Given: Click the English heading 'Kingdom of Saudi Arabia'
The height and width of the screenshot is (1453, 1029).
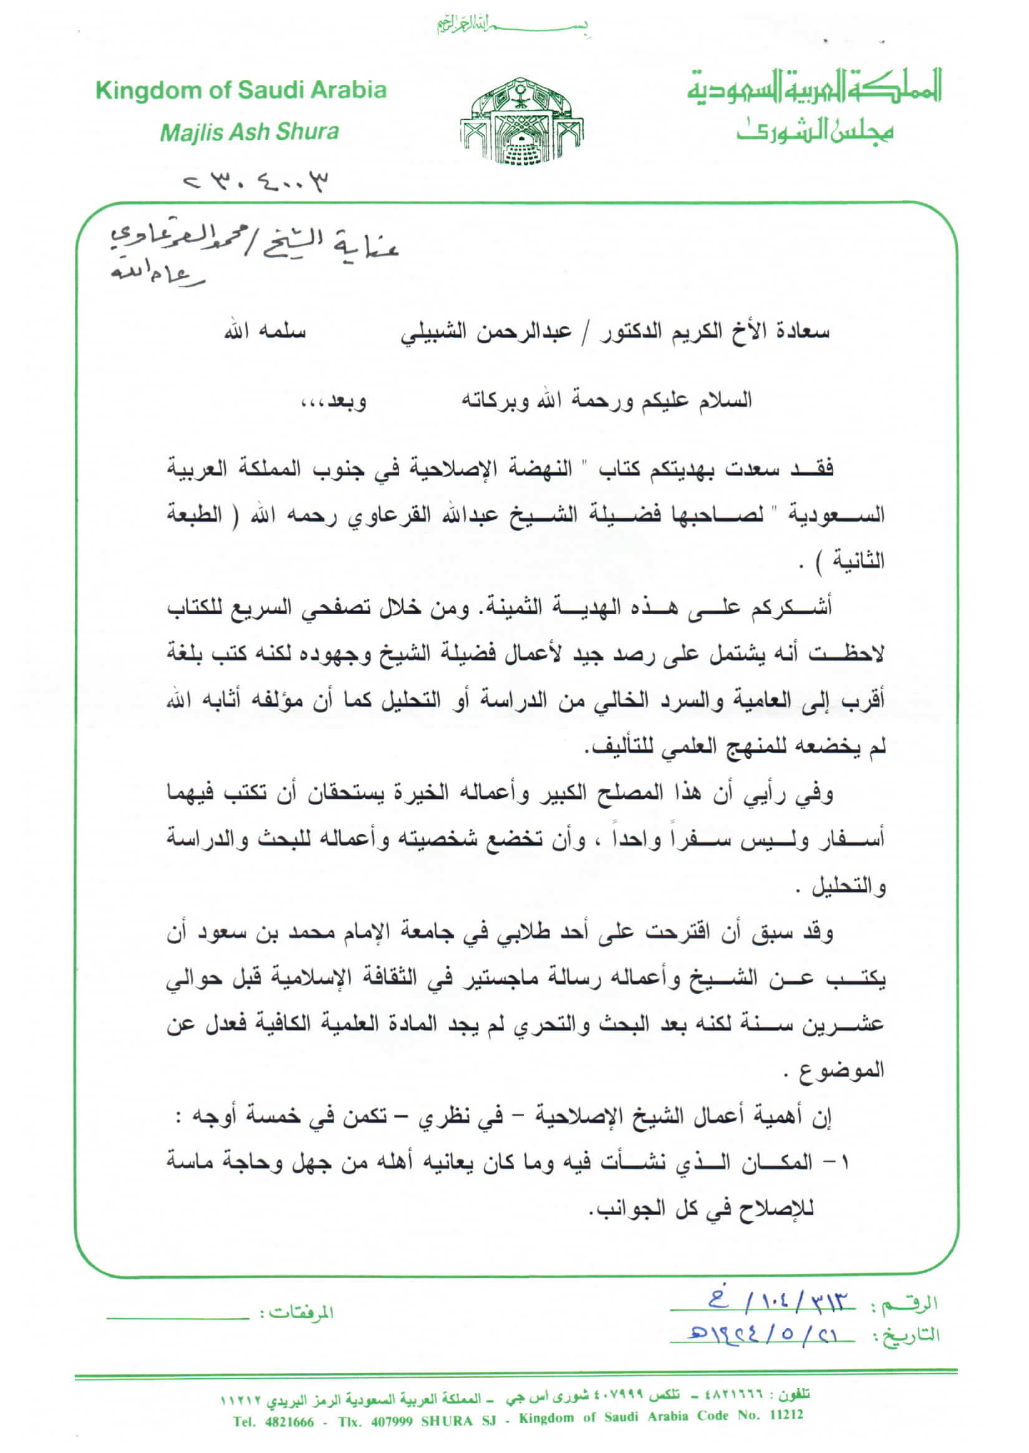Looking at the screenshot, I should pyautogui.click(x=241, y=90).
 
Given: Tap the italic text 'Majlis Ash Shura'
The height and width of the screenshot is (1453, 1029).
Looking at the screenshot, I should pyautogui.click(x=249, y=132).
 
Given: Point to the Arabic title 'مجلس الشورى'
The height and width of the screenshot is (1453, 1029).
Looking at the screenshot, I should pyautogui.click(x=814, y=130).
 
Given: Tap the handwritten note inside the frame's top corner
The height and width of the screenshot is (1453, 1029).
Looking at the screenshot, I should pyautogui.click(x=253, y=252).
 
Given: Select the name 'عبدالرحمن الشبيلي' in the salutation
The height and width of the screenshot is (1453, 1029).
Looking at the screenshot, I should pyautogui.click(x=485, y=331).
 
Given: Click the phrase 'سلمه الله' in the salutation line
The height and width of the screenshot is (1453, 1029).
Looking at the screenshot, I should pyautogui.click(x=264, y=332).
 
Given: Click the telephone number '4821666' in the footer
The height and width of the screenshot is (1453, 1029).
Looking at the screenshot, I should pyautogui.click(x=290, y=1422).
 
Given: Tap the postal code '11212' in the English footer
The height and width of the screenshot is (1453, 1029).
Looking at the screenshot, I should pyautogui.click(x=786, y=1416).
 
